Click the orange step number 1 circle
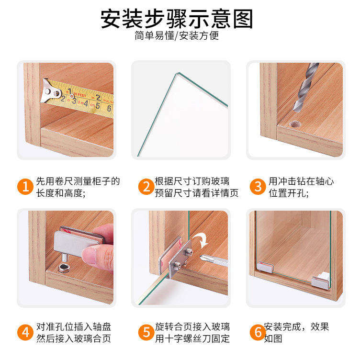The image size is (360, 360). (25, 187)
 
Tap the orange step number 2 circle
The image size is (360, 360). (146, 187)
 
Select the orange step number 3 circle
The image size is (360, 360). (258, 187)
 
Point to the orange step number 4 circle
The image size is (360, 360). (25, 332)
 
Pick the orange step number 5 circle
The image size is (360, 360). (146, 332)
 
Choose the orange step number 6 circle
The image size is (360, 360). (258, 332)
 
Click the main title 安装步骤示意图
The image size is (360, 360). (177, 19)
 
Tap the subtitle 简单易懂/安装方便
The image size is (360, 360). (177, 35)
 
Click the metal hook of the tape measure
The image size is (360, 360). (50, 91)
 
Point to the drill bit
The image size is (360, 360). (305, 87)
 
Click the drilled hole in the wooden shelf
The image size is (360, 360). (295, 124)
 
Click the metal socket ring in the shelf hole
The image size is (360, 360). (64, 268)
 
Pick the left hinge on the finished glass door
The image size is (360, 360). (265, 267)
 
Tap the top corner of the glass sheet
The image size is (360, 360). (177, 73)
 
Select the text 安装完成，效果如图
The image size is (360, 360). (296, 332)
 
